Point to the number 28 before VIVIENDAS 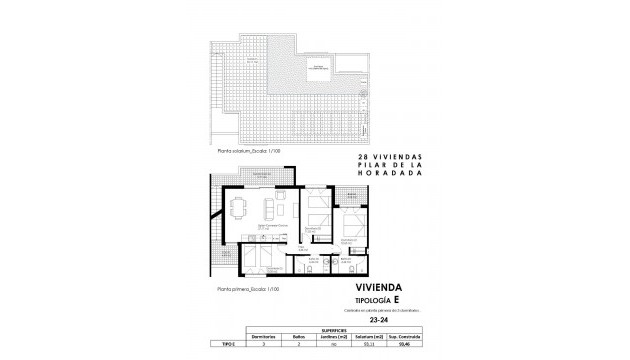coord(362,158)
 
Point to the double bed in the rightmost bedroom coord(350,224)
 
